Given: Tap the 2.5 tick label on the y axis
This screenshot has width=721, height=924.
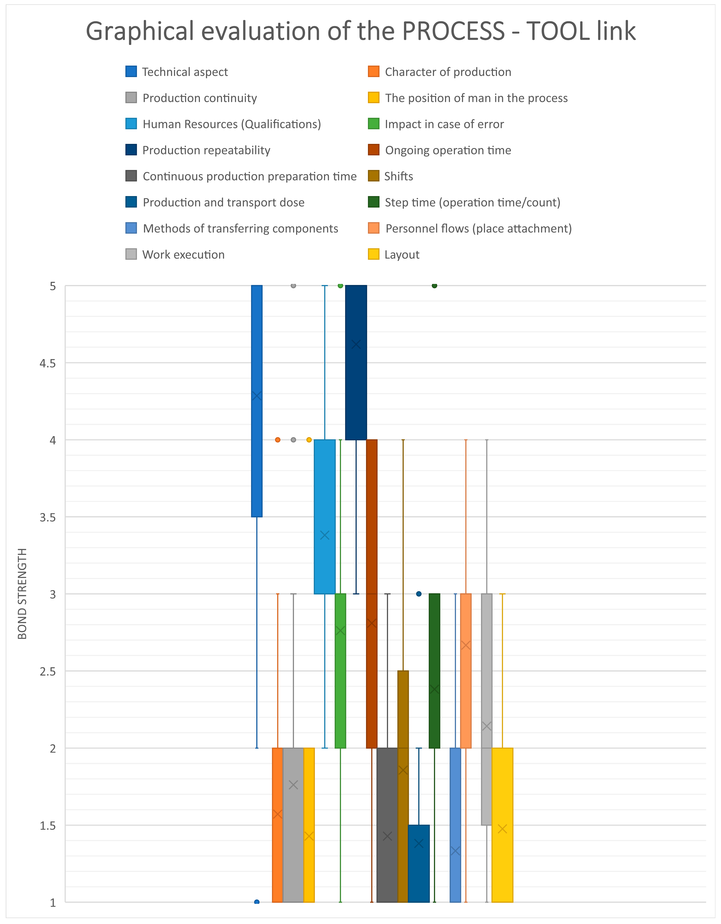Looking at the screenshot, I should (47, 671).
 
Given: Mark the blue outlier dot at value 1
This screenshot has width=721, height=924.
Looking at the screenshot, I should (257, 902).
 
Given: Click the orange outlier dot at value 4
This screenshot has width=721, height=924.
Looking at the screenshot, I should (278, 440).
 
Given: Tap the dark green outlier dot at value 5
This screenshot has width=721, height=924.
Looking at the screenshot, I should (434, 285).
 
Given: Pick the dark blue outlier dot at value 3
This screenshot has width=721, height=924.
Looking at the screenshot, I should (419, 594).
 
